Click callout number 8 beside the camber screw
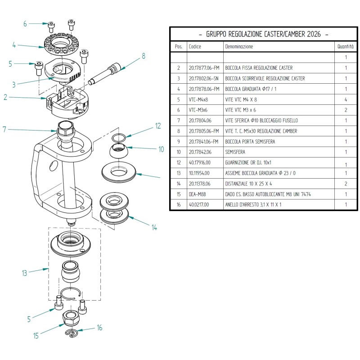click(x=144, y=56)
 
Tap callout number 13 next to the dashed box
click(x=25, y=273)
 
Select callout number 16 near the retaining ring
click(x=99, y=328)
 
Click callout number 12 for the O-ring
click(x=158, y=126)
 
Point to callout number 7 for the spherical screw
click(x=4, y=130)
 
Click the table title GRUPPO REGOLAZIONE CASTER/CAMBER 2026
click(x=263, y=34)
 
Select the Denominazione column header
click(x=239, y=47)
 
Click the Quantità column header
click(x=346, y=47)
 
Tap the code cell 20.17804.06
click(x=200, y=121)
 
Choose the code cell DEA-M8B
click(x=197, y=194)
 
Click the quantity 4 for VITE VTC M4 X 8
click(x=346, y=99)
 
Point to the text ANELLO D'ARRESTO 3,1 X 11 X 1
click(x=253, y=205)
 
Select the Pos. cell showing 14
click(x=179, y=184)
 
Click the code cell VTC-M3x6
click(x=198, y=110)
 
